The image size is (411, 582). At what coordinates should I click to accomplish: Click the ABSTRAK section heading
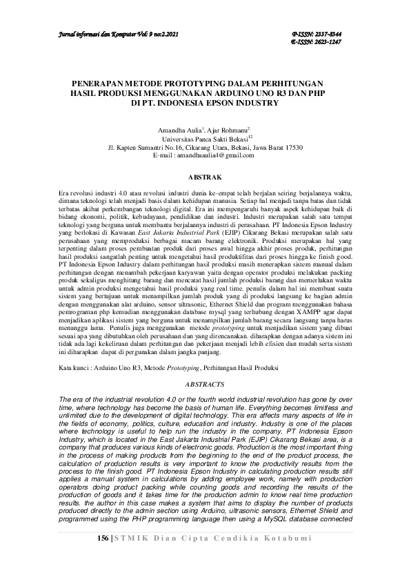(x=205, y=177)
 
